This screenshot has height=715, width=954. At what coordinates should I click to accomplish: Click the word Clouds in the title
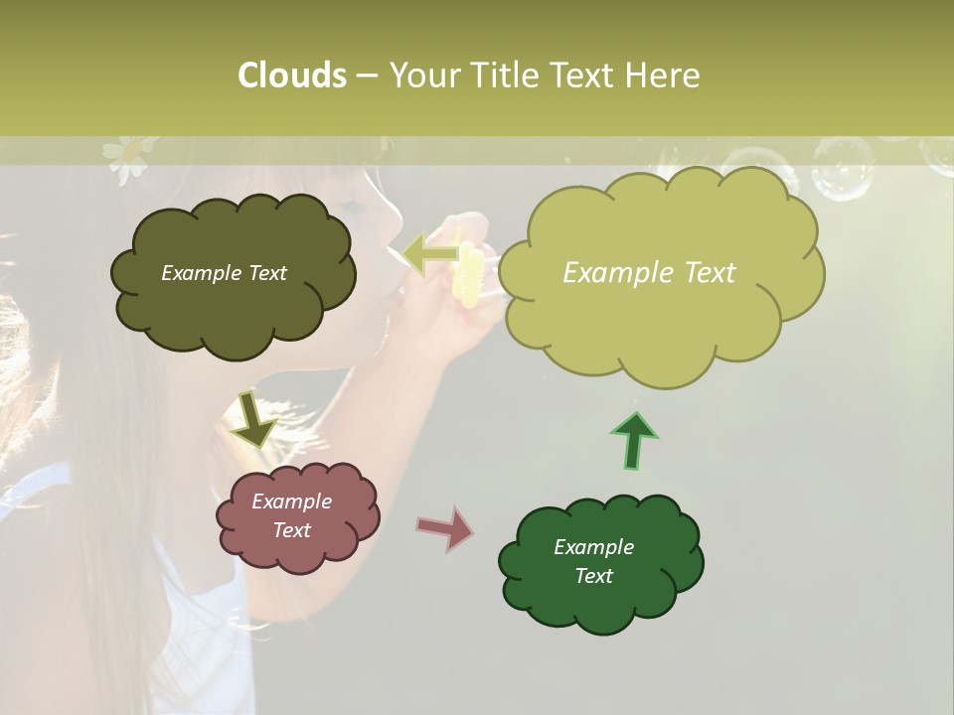click(x=291, y=75)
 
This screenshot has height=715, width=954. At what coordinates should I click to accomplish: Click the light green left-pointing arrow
click(x=430, y=254)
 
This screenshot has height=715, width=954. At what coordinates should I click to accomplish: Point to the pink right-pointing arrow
click(x=446, y=528)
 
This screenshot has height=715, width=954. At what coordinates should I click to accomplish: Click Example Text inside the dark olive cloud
click(x=224, y=273)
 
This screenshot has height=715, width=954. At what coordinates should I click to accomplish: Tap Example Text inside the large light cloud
click(x=649, y=273)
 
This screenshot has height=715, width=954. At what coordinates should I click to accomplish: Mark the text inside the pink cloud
click(x=292, y=515)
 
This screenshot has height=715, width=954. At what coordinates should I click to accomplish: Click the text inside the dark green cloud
click(x=593, y=561)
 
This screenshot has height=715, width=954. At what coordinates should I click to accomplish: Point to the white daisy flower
click(x=125, y=157)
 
